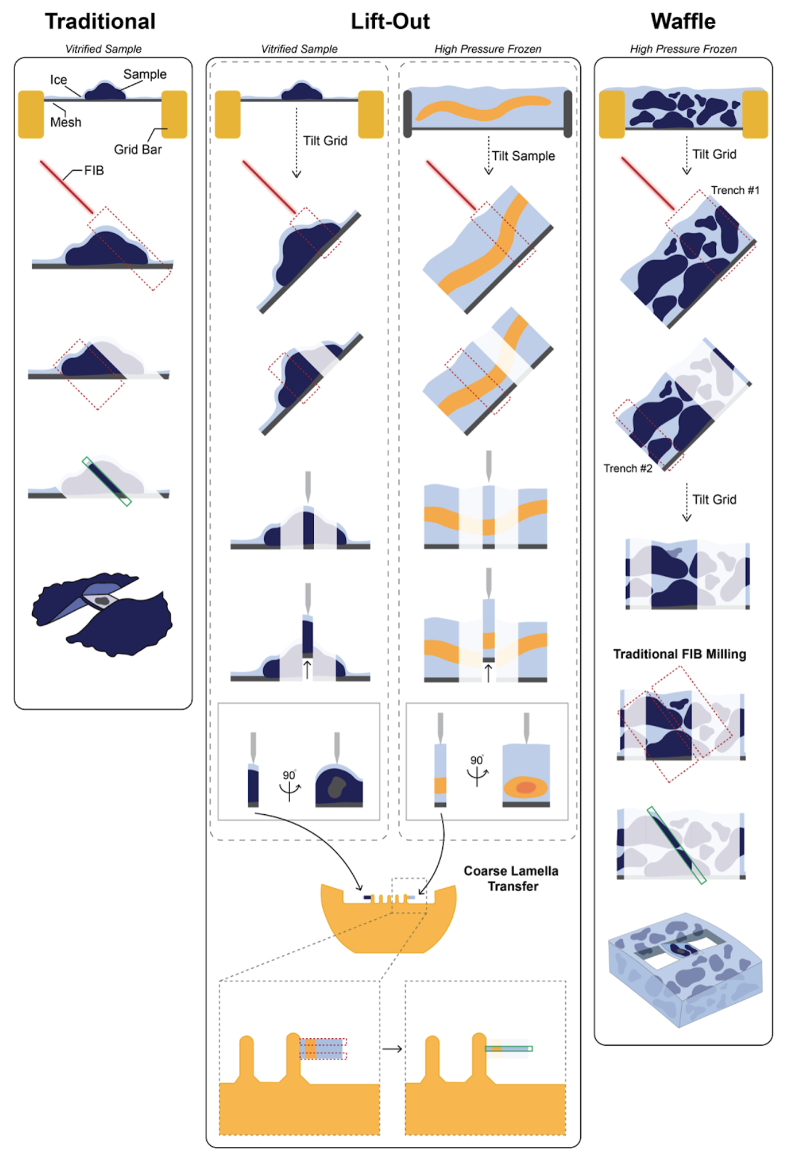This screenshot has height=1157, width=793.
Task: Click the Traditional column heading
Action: (x=100, y=21)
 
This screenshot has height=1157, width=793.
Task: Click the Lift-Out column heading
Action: (x=390, y=21)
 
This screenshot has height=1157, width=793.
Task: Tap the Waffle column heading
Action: (x=683, y=21)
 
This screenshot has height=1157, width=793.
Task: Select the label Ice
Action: (x=58, y=80)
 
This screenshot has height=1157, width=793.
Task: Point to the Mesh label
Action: (x=66, y=123)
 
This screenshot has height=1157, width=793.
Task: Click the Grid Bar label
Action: (x=138, y=149)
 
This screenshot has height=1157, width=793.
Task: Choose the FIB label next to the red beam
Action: (x=94, y=171)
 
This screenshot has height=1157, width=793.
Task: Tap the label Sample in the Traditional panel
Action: (x=144, y=74)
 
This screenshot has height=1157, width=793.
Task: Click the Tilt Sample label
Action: (x=523, y=156)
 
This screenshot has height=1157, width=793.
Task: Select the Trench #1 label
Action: (x=735, y=190)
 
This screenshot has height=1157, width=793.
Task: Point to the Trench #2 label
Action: (x=628, y=468)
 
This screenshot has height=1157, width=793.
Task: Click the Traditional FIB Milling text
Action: (x=679, y=654)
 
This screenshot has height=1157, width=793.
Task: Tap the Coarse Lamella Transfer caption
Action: (x=512, y=879)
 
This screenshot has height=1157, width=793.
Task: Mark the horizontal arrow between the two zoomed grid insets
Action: (x=392, y=1049)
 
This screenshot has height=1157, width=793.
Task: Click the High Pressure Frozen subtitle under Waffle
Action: (x=683, y=49)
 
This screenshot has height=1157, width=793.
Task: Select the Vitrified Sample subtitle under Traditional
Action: (x=104, y=49)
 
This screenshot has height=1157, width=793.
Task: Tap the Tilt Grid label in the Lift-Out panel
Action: (x=325, y=141)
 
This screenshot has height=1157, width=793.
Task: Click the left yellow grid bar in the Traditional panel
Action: (x=31, y=114)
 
